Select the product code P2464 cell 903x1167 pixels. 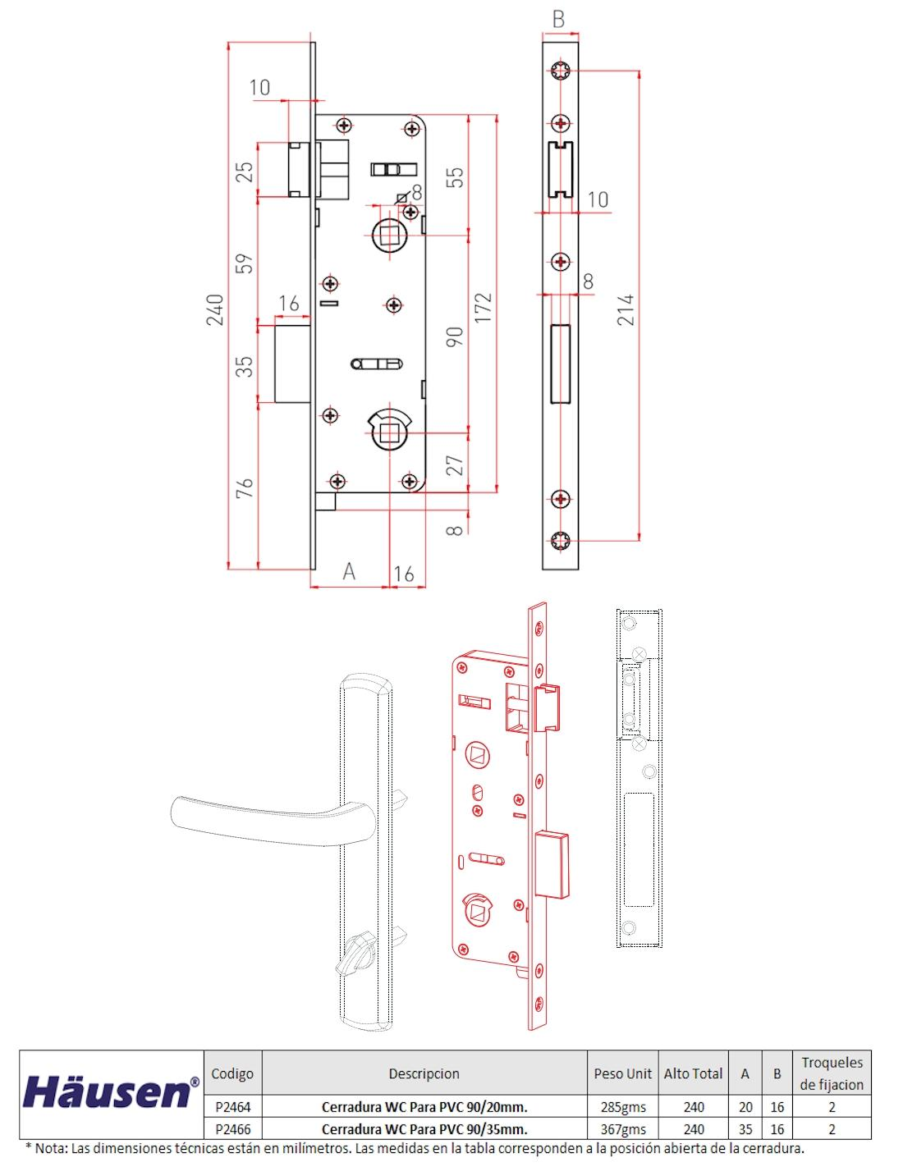232,1107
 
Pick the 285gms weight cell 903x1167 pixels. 622,1107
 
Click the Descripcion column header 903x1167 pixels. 424,1073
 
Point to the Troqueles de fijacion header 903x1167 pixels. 832,1073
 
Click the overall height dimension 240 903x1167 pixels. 215,309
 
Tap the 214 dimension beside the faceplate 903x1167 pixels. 626,309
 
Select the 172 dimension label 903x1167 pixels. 484,307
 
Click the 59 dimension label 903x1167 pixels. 245,263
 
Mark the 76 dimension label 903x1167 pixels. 245,487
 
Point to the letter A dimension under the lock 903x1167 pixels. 349,571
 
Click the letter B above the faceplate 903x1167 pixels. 559,20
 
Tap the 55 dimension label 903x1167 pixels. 455,177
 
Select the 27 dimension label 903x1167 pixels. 455,465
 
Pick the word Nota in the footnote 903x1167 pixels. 52,1148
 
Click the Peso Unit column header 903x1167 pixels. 622,1073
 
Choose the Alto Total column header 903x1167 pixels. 693,1073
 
